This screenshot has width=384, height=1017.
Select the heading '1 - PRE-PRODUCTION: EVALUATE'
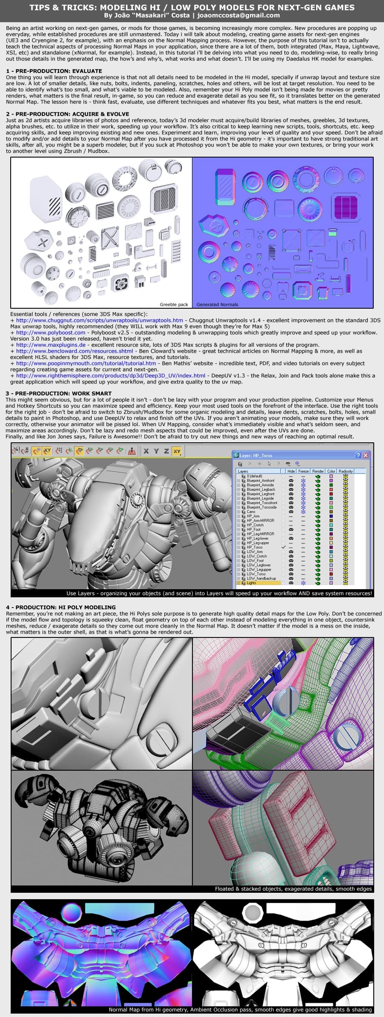point(54,71)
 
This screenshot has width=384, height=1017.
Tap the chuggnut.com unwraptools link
point(99,320)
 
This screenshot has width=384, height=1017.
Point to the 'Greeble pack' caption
point(174,304)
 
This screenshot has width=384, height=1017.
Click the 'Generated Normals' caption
point(217,304)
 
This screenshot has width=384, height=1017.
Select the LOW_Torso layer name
point(256,574)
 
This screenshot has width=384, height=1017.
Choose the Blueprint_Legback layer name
point(261,489)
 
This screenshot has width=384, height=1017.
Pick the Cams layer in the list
point(251,511)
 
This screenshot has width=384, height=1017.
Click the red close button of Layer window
point(365,455)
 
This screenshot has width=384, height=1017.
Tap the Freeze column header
point(303,471)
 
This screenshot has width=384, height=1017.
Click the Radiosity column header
point(346,471)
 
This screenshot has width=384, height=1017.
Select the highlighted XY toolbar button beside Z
point(177,451)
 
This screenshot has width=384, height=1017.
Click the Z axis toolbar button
point(166,451)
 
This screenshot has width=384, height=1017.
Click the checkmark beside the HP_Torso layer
point(284,547)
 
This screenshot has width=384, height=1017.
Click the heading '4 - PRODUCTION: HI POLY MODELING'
point(61,607)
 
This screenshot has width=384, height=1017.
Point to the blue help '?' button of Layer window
point(358,455)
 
